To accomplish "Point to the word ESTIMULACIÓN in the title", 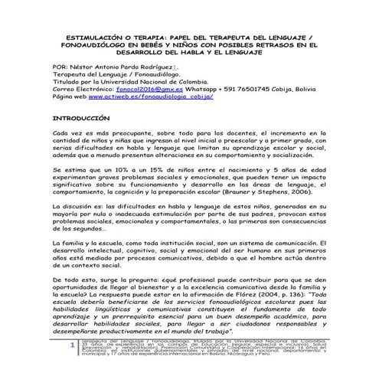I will tap(78, 36).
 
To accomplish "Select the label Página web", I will tap(67, 99).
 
